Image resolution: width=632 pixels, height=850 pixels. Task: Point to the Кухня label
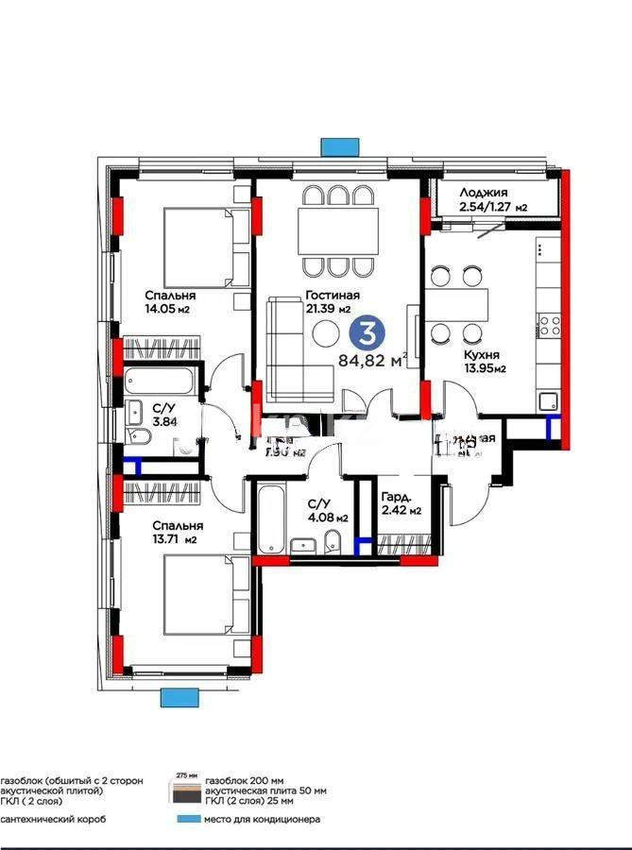481,355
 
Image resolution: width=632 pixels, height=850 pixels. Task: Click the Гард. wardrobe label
394,497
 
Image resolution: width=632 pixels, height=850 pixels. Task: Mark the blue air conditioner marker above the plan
334,147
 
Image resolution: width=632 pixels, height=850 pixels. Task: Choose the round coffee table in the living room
327,334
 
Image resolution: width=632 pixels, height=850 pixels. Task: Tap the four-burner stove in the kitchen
548,328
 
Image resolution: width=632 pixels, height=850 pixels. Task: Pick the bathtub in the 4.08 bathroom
270,519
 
